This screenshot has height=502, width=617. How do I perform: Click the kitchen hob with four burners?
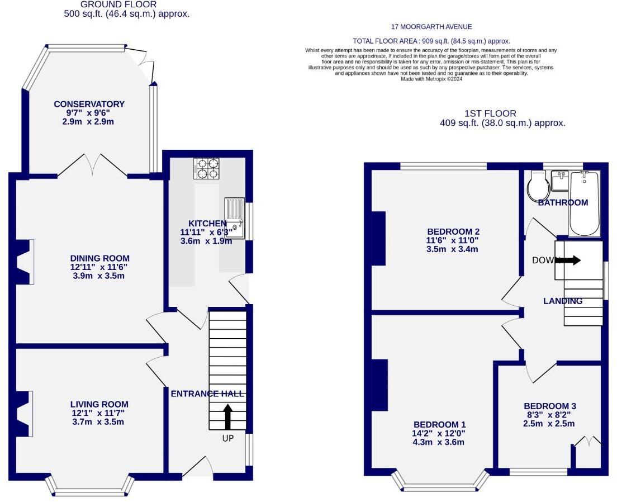(x=206, y=168)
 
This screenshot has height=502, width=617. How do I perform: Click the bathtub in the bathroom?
(x=584, y=204)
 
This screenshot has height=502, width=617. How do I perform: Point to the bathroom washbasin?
(x=559, y=179)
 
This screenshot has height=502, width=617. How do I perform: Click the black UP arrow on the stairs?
(x=227, y=416)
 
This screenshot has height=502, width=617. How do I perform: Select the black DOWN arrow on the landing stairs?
(x=568, y=260)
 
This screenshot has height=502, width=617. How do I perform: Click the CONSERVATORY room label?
(x=89, y=104)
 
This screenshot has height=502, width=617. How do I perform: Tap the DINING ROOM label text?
(x=100, y=258)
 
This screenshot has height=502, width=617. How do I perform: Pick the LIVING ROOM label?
(x=99, y=404)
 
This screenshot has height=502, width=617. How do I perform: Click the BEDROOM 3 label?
(x=550, y=406)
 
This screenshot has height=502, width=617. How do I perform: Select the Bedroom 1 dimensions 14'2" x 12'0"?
(x=439, y=433)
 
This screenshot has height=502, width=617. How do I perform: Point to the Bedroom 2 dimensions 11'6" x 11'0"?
(x=453, y=240)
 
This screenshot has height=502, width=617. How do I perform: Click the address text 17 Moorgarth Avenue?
(x=431, y=27)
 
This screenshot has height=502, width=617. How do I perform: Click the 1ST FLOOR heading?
(x=490, y=113)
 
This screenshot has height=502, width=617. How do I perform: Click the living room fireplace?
(x=24, y=414)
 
